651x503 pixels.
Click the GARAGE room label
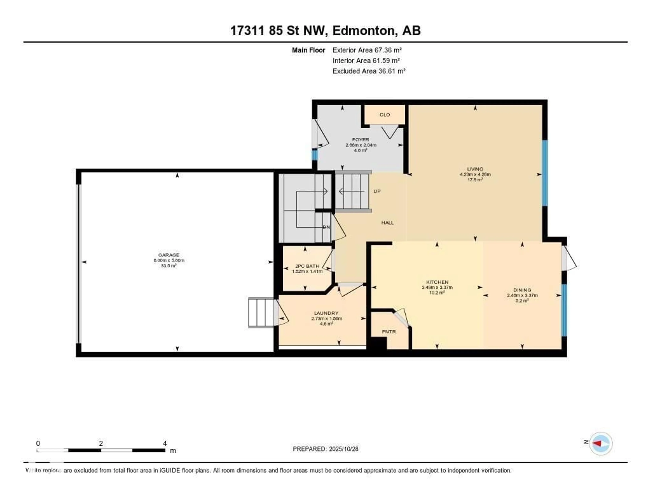point(169,255)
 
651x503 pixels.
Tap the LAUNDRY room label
point(326,313)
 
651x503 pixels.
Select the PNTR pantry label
point(389,332)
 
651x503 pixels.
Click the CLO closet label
point(384,115)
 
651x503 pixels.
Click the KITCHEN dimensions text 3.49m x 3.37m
point(437,287)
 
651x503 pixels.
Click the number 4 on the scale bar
point(165,443)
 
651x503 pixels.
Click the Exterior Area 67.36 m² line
point(367,50)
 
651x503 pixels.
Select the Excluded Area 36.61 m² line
point(369,71)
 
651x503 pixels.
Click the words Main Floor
point(308,50)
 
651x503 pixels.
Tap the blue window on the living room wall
point(545,173)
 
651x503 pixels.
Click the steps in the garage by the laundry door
point(261,312)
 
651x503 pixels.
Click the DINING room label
point(522,290)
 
